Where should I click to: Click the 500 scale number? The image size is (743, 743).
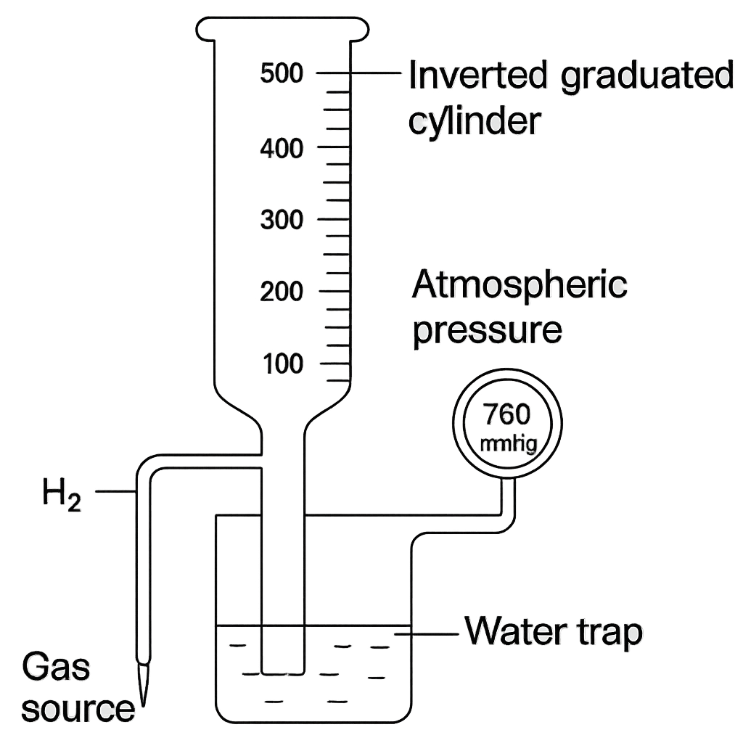(x=282, y=73)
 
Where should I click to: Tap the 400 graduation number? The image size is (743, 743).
(x=282, y=148)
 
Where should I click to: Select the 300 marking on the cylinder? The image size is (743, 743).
(x=282, y=220)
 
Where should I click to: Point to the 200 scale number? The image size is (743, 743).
(x=282, y=292)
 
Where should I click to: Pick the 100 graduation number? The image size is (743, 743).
(x=283, y=364)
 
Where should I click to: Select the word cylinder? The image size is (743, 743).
(x=475, y=121)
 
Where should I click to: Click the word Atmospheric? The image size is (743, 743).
(x=520, y=284)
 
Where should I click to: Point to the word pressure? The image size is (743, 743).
(x=488, y=330)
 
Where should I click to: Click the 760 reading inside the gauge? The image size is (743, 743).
(x=506, y=414)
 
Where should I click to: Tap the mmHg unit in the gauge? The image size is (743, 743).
(x=509, y=445)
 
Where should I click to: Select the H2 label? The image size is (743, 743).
(x=62, y=494)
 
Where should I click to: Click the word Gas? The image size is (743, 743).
(x=55, y=667)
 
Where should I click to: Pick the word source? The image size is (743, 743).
(x=78, y=709)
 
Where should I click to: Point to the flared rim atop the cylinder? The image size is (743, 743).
(x=282, y=28)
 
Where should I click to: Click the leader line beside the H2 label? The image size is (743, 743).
(x=116, y=491)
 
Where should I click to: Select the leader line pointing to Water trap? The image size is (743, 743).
(x=427, y=633)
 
